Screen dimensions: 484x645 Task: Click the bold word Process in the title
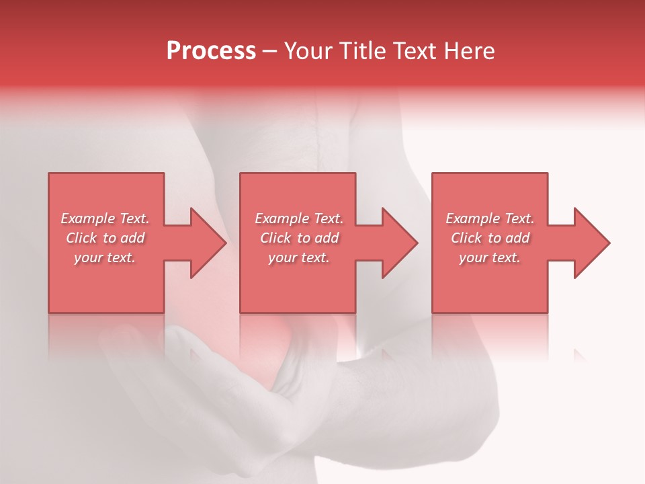point(211,51)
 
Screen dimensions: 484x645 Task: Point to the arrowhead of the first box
point(209,243)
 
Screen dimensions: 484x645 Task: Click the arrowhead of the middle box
point(400,243)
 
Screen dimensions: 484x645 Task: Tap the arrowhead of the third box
point(592,243)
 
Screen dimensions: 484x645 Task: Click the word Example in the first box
point(88,218)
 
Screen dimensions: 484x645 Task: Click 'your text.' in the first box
point(105,257)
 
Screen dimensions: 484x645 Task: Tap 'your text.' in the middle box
point(298,257)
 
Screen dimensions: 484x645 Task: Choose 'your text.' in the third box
point(489,257)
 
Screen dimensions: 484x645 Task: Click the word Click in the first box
point(81,238)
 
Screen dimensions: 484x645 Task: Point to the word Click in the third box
point(466,238)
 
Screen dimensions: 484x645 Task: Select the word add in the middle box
point(327,238)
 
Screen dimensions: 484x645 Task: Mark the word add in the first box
point(132,238)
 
